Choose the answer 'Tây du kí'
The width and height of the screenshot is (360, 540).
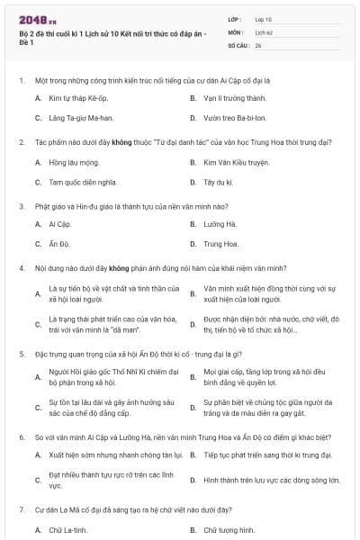[x=217, y=182]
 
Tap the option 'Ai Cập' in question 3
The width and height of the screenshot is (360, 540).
[x=59, y=224]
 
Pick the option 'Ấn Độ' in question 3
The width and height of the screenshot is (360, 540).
[x=58, y=244]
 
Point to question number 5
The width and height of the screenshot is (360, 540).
[x=21, y=355]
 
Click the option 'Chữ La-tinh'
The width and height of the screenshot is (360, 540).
[x=67, y=530]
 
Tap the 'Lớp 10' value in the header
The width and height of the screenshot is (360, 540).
[x=264, y=18]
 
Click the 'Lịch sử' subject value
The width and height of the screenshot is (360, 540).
[x=264, y=31]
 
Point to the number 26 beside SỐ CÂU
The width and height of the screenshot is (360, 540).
[x=258, y=44]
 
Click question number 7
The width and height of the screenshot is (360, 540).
[x=21, y=510]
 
